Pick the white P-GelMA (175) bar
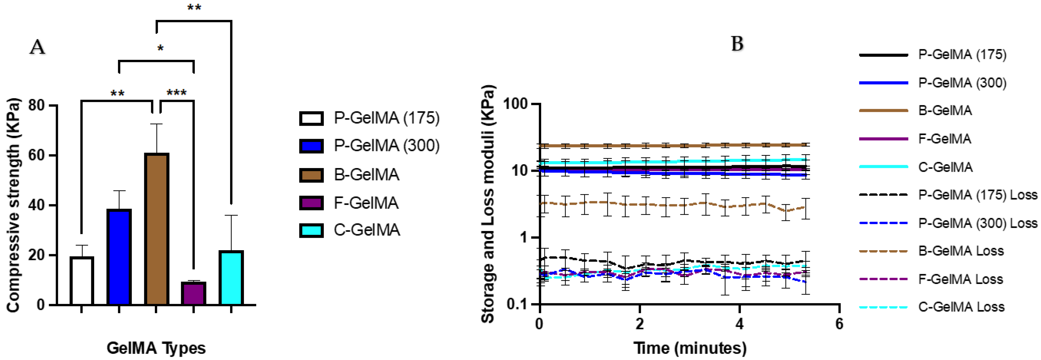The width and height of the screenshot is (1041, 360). (x=82, y=281)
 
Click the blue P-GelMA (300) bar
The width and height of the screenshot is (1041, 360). (x=119, y=257)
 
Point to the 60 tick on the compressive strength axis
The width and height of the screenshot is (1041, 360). (x=36, y=155)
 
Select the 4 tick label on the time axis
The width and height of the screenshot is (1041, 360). (x=739, y=324)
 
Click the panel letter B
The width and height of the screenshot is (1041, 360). (x=737, y=44)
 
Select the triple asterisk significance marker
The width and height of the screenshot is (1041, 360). (x=177, y=93)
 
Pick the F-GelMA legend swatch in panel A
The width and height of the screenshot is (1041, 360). (x=311, y=203)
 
